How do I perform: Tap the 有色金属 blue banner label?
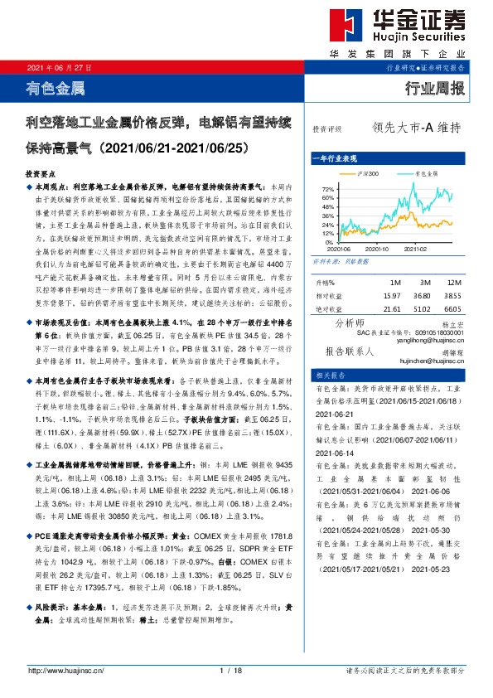[56, 87]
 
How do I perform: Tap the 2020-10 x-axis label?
[376, 249]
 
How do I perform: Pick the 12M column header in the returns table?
[452, 284]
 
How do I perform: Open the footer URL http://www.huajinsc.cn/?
[65, 670]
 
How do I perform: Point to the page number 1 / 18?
[230, 670]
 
